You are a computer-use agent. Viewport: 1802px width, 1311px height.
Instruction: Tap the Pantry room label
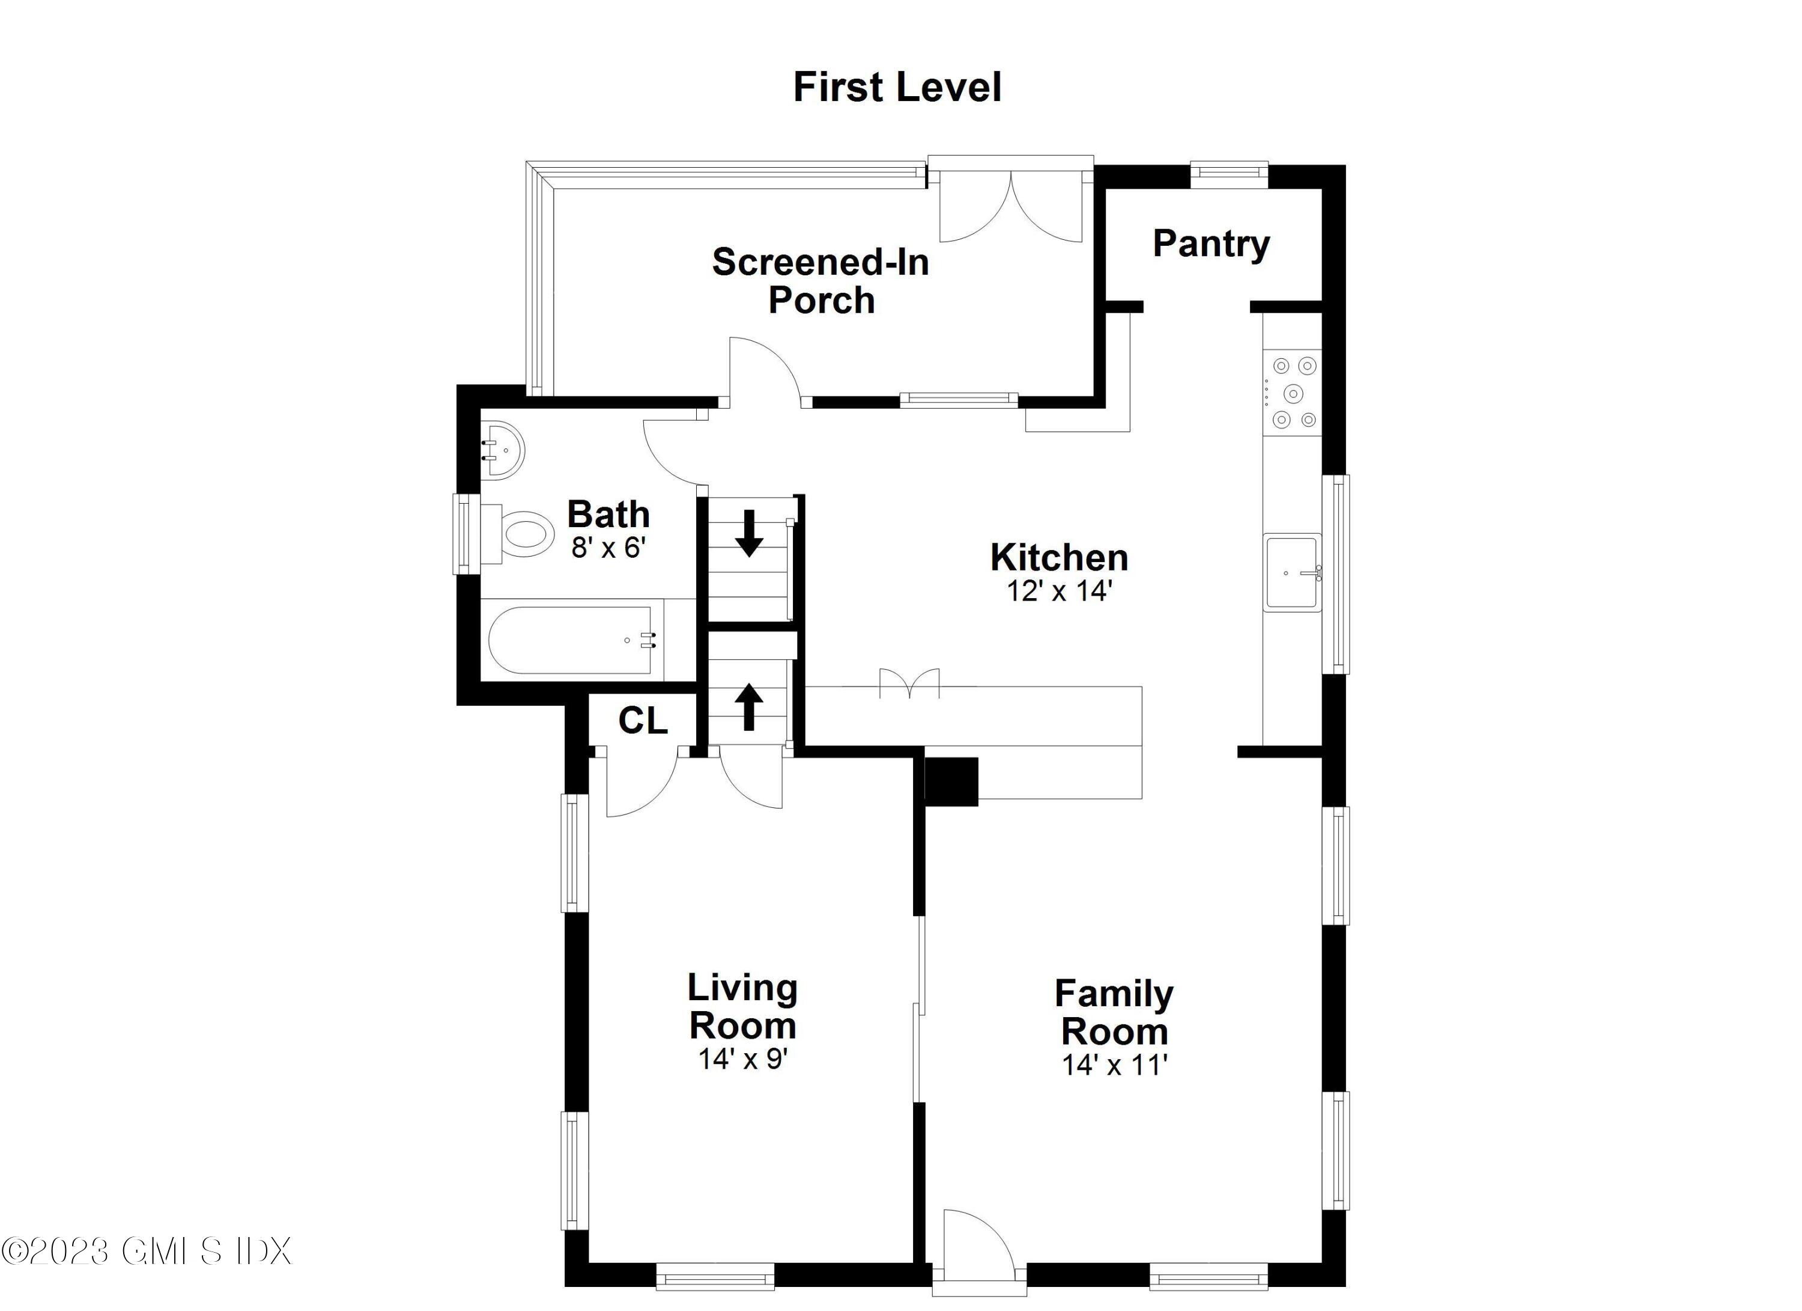[1211, 243]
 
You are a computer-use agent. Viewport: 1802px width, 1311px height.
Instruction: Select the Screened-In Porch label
[820, 281]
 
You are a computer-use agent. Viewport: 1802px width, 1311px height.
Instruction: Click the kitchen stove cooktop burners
[1293, 393]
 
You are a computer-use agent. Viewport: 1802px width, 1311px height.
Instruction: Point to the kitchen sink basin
[1292, 572]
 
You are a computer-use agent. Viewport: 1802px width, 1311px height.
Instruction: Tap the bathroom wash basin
[502, 450]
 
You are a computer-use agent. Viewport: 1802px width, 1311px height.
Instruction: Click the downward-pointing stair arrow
[748, 534]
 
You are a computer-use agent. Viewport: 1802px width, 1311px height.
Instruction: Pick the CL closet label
[643, 721]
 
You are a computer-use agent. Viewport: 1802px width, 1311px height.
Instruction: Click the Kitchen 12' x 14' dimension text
[1059, 591]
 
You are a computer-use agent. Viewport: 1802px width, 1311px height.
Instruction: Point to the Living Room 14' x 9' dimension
[742, 1059]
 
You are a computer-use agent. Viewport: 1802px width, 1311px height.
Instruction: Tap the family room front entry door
[977, 1248]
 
